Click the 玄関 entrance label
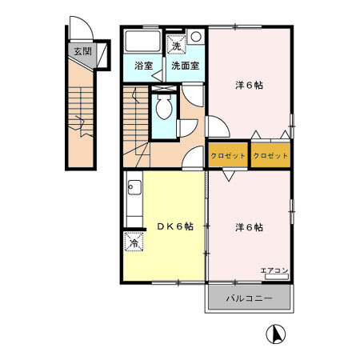click(82, 52)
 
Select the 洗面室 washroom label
click(185, 66)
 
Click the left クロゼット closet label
click(228, 155)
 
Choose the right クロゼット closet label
click(270, 155)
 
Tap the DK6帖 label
click(174, 226)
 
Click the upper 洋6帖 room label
click(249, 84)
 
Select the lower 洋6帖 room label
click(249, 227)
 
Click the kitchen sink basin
click(134, 190)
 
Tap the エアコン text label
click(274, 270)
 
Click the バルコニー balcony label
click(249, 298)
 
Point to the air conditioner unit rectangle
click(274, 278)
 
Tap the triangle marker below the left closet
click(229, 174)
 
